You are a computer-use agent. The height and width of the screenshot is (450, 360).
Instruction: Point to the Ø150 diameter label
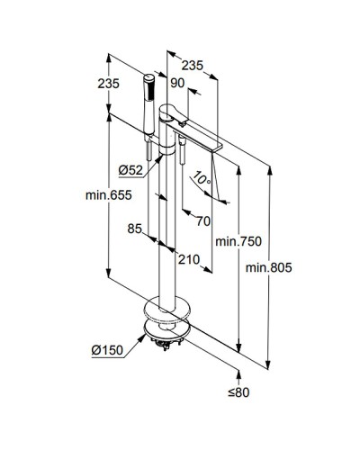coord(106,350)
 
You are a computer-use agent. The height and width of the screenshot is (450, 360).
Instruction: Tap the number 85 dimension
coord(135,229)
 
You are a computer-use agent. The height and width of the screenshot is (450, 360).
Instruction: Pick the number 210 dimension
coord(187,261)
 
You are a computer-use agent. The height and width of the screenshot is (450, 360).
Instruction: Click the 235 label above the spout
coord(192,65)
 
